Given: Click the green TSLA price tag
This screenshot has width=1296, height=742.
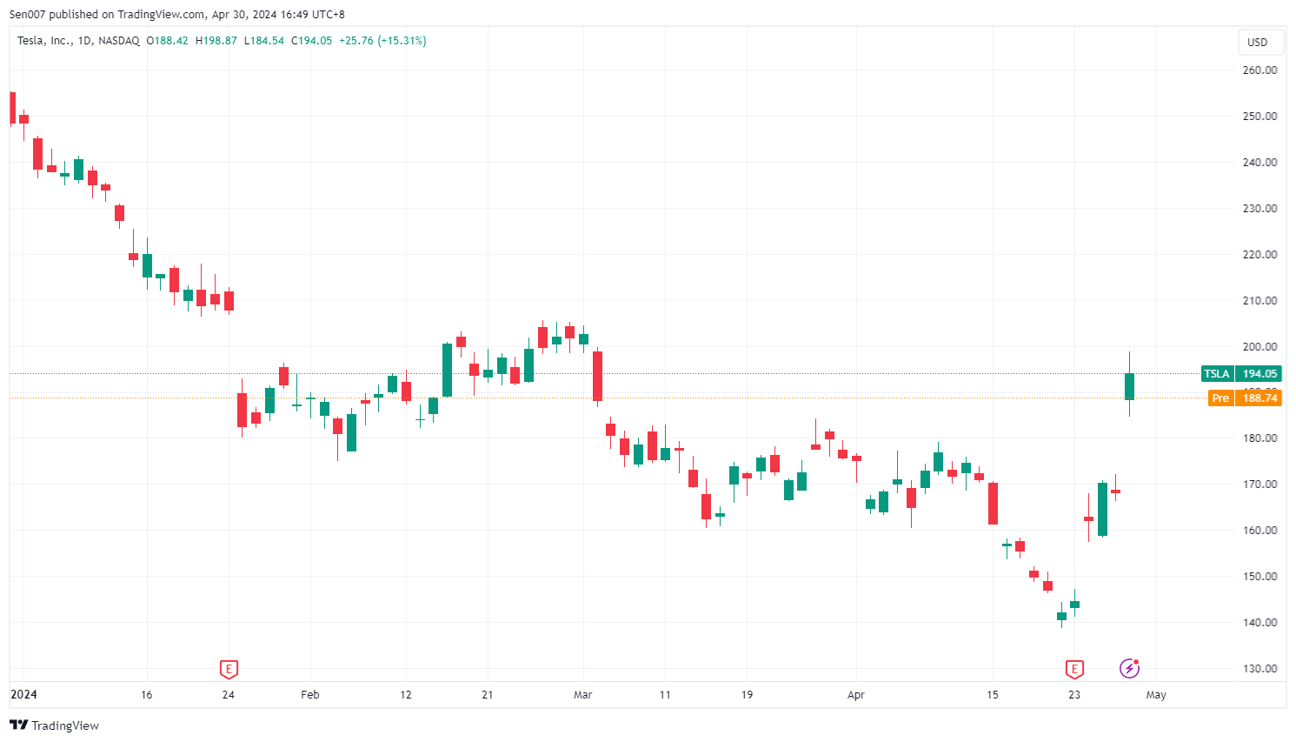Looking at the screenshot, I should coord(1217,373).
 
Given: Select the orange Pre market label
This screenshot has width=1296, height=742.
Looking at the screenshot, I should coord(1220,398).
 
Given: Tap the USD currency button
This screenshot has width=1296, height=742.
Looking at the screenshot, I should coord(1257,42).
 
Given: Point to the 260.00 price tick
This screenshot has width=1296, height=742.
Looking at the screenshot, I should coord(1259,70).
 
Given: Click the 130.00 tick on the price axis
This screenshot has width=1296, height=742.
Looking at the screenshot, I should coord(1259,668).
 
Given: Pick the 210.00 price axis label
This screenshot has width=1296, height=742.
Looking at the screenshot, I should coord(1259,300).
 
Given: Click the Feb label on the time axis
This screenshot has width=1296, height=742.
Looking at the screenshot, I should coord(309,694).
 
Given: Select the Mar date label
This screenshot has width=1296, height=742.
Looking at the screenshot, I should coord(582,694).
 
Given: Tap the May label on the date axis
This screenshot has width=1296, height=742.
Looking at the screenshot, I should coord(1155,694).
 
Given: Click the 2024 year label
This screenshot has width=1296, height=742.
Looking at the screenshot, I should coord(23,694).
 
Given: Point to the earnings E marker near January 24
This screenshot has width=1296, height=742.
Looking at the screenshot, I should coord(229,669).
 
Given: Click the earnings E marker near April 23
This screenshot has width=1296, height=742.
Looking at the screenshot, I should coord(1074,669).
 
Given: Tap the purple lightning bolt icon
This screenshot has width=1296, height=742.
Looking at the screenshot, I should coord(1129,668).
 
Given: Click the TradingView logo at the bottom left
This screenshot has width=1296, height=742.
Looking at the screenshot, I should coord(54,725).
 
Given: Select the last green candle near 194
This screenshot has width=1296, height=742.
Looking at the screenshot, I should coord(1129,386).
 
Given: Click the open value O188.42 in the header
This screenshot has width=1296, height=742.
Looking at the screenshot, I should coord(167,41).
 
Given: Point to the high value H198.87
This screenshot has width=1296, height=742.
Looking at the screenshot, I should coord(216,41).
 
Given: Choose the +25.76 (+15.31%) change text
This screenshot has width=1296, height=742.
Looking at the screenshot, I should coord(382,41).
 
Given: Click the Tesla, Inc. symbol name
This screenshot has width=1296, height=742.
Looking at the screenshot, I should coord(44,41).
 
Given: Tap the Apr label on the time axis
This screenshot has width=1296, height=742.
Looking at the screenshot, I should coord(856,694).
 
